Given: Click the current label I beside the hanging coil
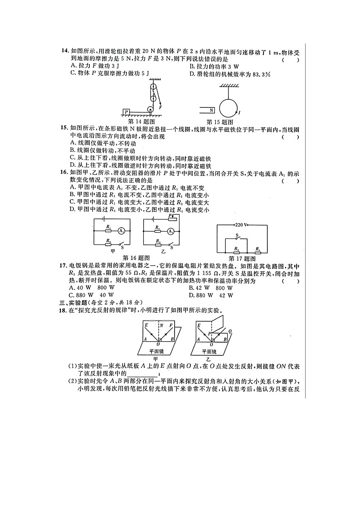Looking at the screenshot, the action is (239, 111).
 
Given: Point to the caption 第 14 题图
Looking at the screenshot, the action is (142, 122).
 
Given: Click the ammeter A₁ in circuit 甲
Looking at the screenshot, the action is (121, 231).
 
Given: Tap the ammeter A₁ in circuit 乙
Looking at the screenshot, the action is (170, 231).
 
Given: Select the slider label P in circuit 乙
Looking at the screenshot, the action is (170, 216).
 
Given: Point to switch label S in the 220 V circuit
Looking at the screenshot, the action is (237, 235).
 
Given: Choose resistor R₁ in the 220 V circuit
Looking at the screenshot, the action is (258, 249).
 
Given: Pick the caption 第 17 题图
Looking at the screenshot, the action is (242, 258).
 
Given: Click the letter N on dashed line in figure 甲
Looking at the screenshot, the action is (161, 325).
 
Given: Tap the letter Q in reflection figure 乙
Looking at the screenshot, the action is (230, 331).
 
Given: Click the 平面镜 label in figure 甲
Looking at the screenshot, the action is (157, 351).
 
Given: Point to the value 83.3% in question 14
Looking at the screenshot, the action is (261, 74).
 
